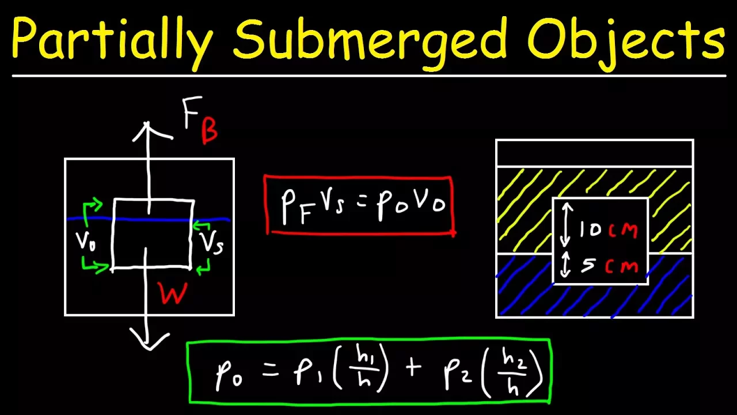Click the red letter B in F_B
click(x=209, y=131)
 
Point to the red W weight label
click(x=173, y=294)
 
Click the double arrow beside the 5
click(x=565, y=265)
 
